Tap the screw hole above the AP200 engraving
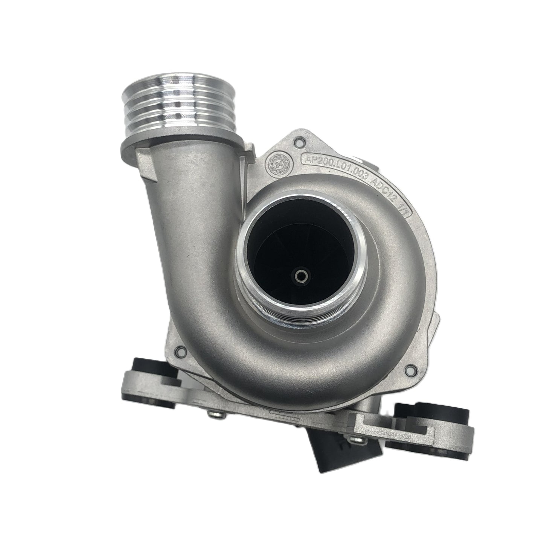(x=300, y=141)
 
